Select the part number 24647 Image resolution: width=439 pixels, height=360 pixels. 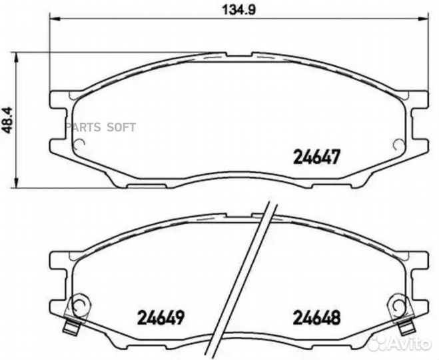click(317, 157)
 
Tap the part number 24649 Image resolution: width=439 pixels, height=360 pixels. click(159, 317)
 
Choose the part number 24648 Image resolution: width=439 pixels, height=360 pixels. click(317, 317)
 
